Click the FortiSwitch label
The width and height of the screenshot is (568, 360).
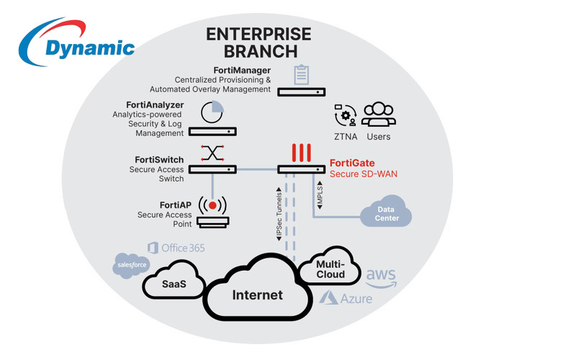(x=158, y=159)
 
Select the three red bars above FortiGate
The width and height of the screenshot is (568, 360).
(x=301, y=153)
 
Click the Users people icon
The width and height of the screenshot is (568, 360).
(x=379, y=115)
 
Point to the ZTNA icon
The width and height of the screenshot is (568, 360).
(x=346, y=116)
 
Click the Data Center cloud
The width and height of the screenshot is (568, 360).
(x=385, y=213)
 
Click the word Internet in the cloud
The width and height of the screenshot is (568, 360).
(x=257, y=294)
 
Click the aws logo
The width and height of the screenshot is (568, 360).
(x=382, y=276)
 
